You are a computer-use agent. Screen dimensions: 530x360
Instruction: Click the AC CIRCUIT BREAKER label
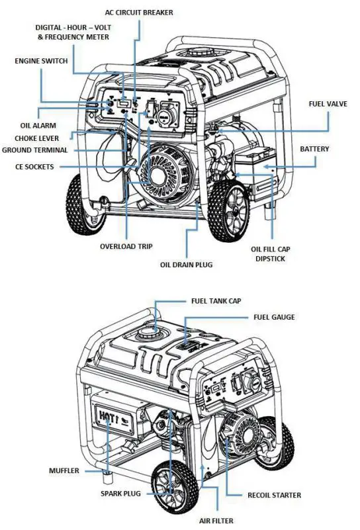click(139, 13)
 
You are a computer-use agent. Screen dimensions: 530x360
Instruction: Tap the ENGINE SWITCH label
click(41, 61)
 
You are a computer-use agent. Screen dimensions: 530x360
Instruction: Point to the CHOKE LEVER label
click(37, 138)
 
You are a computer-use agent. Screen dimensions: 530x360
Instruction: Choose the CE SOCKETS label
click(34, 167)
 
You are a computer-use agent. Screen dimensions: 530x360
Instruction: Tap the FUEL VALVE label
click(328, 104)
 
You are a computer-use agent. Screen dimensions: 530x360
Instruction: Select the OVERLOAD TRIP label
click(126, 246)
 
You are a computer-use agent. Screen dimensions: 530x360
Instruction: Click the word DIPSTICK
click(269, 259)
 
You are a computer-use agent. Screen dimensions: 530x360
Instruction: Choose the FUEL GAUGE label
click(274, 317)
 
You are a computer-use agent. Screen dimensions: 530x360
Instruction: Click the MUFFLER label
click(64, 471)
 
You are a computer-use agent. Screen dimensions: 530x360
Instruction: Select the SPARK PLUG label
click(122, 494)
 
